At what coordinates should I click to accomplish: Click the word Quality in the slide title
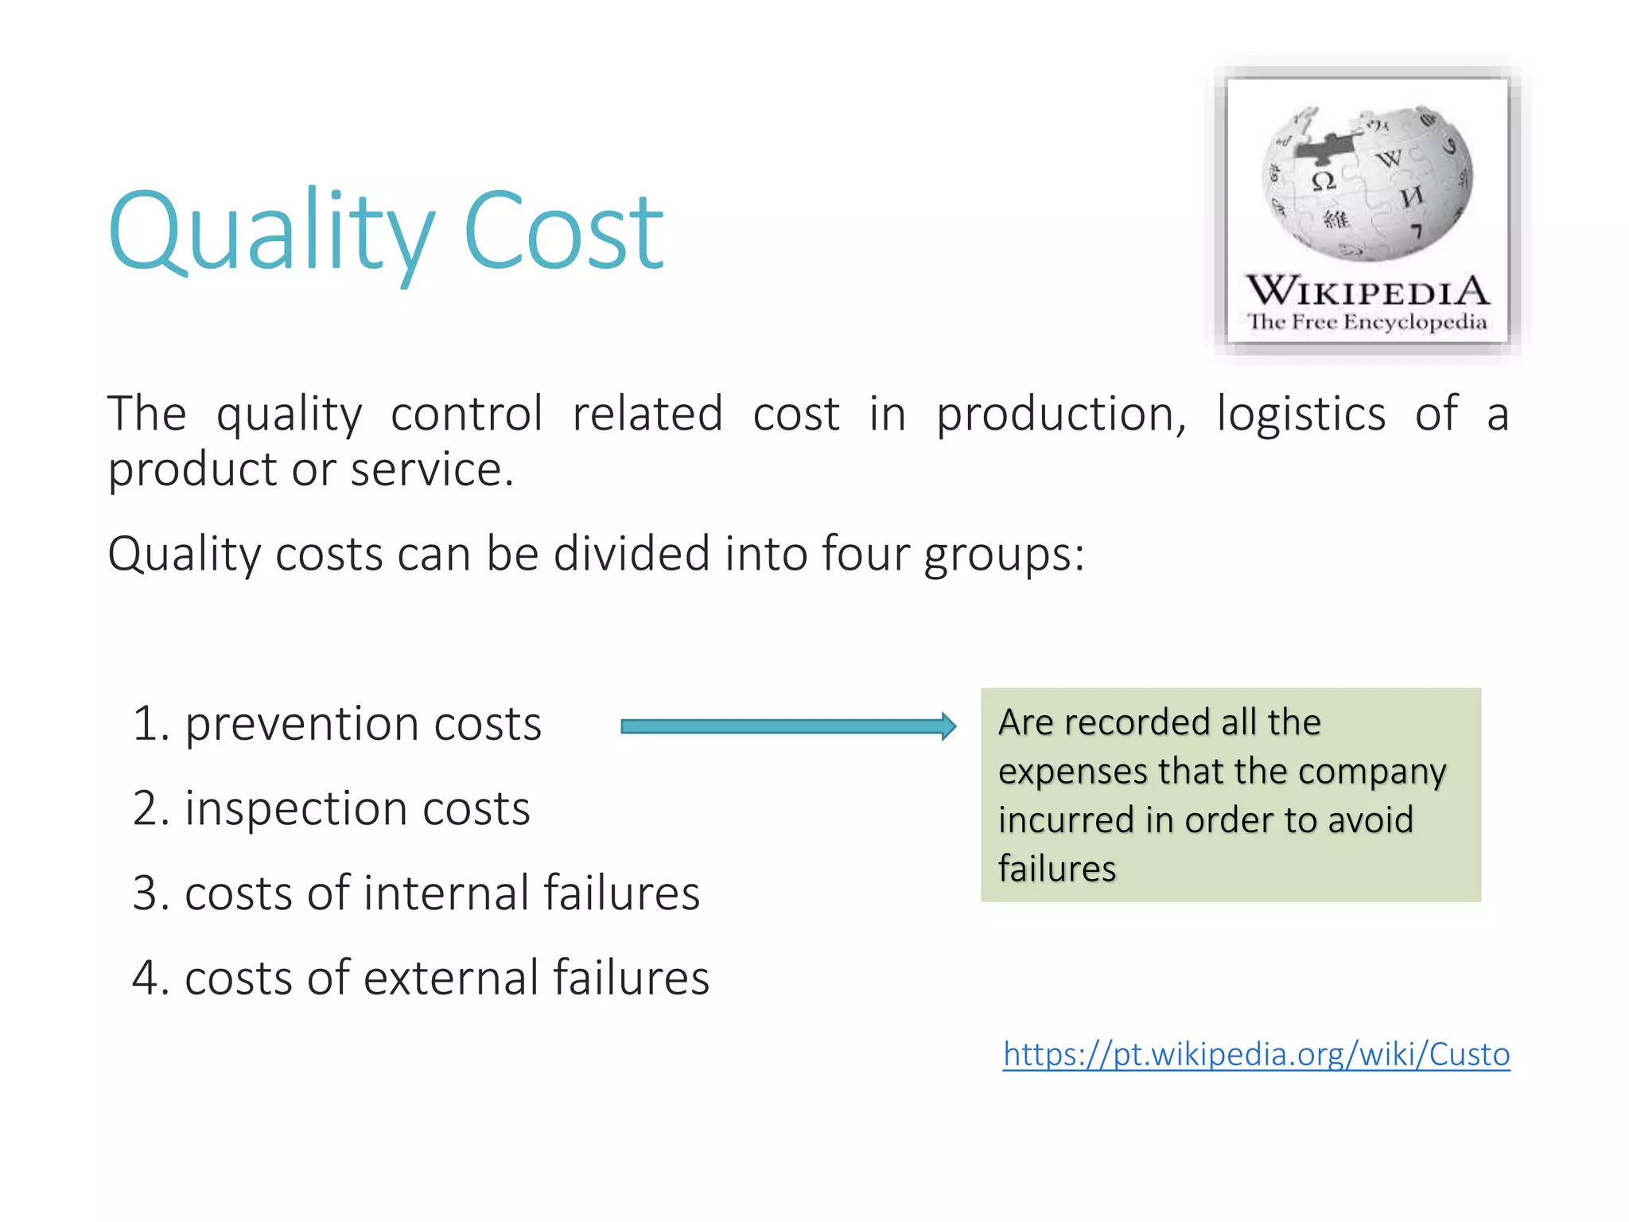[x=270, y=232]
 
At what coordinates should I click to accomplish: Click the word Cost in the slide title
[x=562, y=232]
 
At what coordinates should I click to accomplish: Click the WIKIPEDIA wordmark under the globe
[x=1367, y=291]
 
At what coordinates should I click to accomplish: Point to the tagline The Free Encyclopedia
[x=1367, y=322]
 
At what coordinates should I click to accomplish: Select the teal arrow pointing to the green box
[x=787, y=726]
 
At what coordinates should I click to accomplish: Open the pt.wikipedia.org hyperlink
[x=1256, y=1054]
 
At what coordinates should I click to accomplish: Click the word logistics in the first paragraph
[x=1300, y=415]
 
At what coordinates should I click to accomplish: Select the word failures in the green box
[x=1057, y=869]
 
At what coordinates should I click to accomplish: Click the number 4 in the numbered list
[x=145, y=978]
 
